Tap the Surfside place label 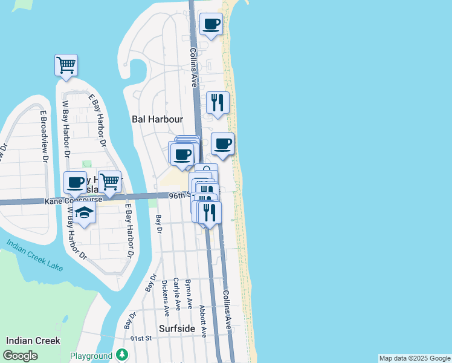click(177, 329)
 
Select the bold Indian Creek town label click(33, 341)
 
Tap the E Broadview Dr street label click(44, 136)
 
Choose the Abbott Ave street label click(203, 321)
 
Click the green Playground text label click(91, 356)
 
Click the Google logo click(20, 356)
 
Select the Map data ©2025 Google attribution click(415, 358)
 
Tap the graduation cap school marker click(85, 212)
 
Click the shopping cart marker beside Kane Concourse click(109, 181)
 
